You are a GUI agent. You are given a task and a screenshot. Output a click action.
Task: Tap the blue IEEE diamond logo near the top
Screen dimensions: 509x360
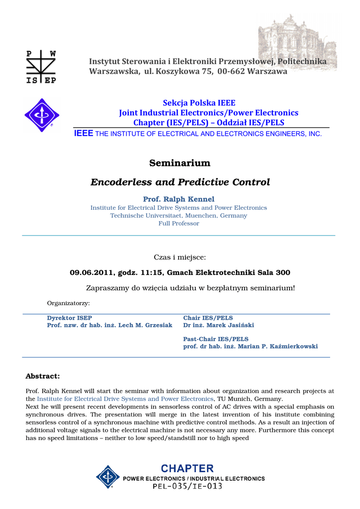click(42, 115)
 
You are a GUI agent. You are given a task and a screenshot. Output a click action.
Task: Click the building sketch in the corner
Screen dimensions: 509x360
click(297, 42)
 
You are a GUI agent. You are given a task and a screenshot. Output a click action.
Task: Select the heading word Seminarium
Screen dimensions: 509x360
click(180, 163)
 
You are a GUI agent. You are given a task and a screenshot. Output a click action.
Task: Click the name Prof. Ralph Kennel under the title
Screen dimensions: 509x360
click(179, 199)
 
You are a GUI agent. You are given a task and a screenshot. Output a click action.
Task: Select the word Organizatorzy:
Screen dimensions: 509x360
click(68, 303)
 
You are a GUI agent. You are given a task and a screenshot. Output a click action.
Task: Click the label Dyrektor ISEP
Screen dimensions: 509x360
click(69, 318)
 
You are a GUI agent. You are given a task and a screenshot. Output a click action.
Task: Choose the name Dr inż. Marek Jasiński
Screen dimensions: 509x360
click(218, 325)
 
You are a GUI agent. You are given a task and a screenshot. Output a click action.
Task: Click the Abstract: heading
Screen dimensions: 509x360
click(42, 376)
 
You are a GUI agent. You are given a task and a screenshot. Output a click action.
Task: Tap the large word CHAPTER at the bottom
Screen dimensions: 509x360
click(187, 468)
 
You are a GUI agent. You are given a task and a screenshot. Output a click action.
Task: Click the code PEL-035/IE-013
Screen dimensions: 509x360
click(187, 486)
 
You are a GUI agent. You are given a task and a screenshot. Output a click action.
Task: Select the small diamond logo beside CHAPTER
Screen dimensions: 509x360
click(107, 477)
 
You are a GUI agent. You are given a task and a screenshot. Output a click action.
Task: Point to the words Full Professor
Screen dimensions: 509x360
click(179, 224)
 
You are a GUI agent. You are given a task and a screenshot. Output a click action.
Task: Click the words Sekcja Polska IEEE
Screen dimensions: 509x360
click(199, 103)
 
